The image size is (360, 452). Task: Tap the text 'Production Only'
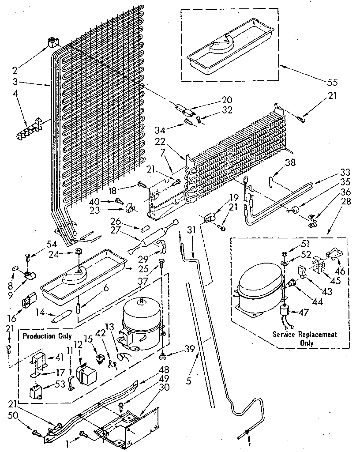[47, 336]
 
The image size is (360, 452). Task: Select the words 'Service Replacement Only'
[304, 338]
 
